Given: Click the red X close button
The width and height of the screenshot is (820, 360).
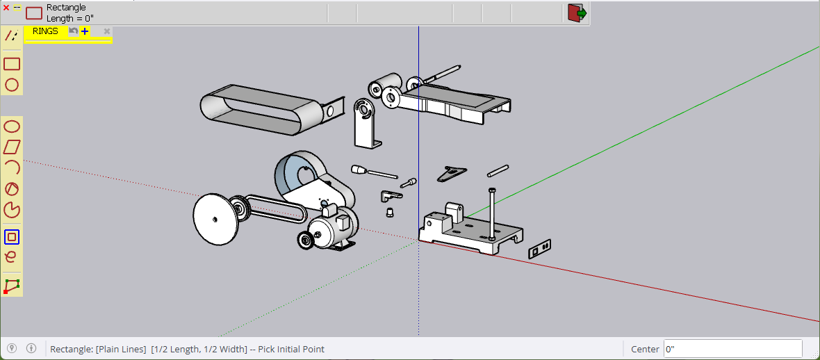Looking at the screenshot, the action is (x=6, y=8).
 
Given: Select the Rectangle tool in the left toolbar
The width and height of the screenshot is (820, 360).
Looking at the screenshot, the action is (x=12, y=64).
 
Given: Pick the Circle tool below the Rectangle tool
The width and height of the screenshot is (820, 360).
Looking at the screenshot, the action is (x=12, y=85).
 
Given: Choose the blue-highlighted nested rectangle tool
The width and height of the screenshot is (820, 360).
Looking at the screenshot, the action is (x=12, y=237).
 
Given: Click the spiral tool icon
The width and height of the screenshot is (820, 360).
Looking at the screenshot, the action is (x=10, y=257).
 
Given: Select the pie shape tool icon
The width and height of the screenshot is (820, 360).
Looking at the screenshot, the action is (x=12, y=211).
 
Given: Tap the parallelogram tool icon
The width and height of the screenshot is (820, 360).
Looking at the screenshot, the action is (x=12, y=147).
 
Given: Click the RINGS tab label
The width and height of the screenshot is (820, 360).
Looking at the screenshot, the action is (x=45, y=31).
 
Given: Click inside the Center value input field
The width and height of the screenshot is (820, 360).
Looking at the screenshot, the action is (x=732, y=349).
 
